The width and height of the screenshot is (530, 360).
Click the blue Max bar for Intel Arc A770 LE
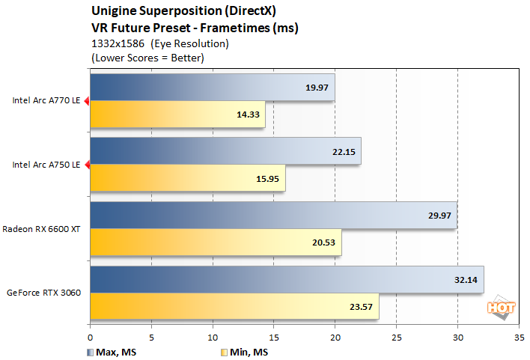click(x=212, y=88)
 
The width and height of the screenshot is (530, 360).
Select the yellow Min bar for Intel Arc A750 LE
click(x=187, y=178)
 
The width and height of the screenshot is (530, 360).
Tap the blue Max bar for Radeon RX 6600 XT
click(x=273, y=216)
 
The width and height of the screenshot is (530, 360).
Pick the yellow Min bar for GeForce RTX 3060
click(x=234, y=305)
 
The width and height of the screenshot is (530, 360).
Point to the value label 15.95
click(x=266, y=178)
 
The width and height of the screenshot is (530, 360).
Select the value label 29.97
click(x=438, y=216)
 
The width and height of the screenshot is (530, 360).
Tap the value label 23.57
click(x=360, y=305)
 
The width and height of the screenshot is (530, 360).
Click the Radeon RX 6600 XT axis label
click(x=41, y=228)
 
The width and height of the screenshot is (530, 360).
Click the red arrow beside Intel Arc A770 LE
click(x=86, y=101)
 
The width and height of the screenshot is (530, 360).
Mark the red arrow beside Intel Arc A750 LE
click(x=86, y=165)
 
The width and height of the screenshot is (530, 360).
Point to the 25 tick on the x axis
click(x=396, y=337)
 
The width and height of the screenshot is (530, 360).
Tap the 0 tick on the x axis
click(x=91, y=337)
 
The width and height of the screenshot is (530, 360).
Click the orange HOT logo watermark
click(x=498, y=306)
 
